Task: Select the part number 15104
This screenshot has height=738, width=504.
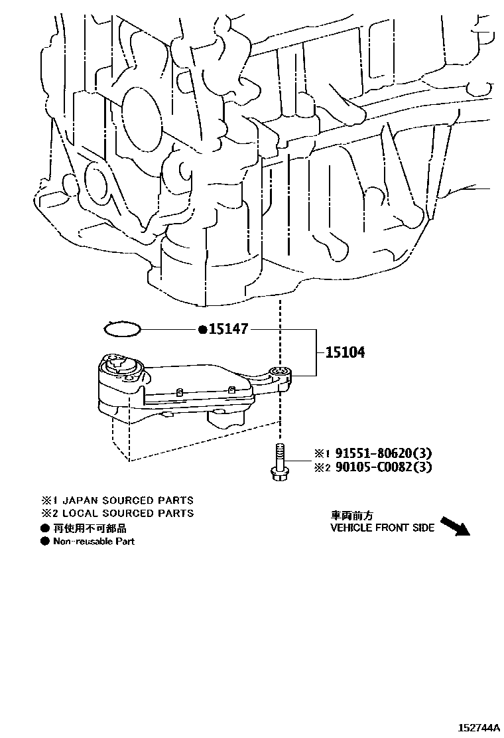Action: [x=344, y=352]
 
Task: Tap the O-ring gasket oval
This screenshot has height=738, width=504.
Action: [x=123, y=329]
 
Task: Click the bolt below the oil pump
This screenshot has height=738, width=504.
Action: [x=279, y=463]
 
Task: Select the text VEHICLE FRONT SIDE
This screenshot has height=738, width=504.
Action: [x=383, y=528]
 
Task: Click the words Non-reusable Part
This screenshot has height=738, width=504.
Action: [x=94, y=542]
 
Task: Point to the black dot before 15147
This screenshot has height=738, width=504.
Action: [x=202, y=329]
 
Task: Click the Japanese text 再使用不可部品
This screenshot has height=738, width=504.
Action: [x=90, y=528]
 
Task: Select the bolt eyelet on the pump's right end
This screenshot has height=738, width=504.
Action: [x=281, y=372]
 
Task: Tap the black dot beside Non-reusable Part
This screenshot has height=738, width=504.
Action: [x=44, y=542]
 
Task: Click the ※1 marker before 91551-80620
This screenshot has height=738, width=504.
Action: [x=322, y=455]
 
